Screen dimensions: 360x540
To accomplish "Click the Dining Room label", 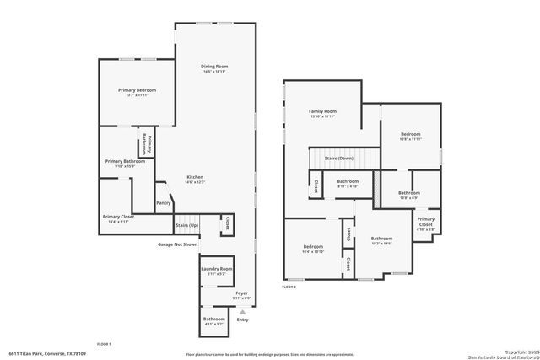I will (x=214, y=66).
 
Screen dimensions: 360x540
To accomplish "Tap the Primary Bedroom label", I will (x=137, y=89).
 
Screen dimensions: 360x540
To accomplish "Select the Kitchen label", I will (x=195, y=177).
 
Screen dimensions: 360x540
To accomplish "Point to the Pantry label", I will (x=164, y=202).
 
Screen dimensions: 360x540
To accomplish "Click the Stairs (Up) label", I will (x=186, y=225).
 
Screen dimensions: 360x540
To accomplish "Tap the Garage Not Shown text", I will (x=177, y=244).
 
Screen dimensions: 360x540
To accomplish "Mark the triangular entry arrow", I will (x=243, y=312).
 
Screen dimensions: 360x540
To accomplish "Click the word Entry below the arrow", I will (x=243, y=320).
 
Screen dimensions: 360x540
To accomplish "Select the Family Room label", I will (x=322, y=111).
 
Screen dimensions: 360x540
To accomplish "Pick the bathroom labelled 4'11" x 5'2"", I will (x=213, y=320).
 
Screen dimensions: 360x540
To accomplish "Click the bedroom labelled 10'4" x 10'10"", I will (x=313, y=248).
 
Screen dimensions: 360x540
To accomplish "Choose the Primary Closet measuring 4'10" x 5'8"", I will (x=426, y=223).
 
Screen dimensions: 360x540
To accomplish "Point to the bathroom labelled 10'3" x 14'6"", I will (x=381, y=239).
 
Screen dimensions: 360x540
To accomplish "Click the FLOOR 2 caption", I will (x=289, y=287).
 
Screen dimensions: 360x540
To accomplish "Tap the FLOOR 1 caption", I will (x=104, y=344).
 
